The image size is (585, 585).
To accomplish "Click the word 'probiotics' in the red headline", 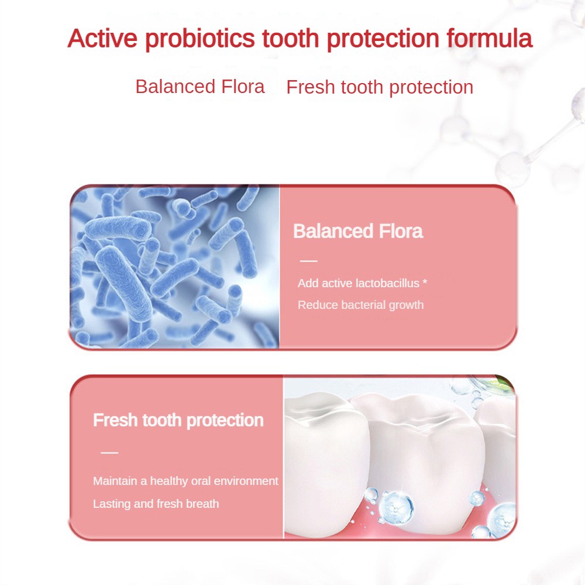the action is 199,39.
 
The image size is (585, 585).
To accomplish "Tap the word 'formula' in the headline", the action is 489,38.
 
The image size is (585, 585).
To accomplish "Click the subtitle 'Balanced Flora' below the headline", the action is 200,87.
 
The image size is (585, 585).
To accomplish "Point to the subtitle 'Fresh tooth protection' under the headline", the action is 380,88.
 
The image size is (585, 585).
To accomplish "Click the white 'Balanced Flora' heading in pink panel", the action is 358,231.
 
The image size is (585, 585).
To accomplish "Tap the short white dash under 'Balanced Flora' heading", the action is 308,261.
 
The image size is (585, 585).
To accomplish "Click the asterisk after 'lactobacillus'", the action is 425,282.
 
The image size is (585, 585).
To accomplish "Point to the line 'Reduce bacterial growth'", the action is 360,305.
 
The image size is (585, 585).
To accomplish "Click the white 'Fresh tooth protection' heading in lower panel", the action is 178,421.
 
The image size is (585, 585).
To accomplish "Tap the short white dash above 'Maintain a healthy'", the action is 109,453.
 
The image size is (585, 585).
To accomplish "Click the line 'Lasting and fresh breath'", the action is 156,504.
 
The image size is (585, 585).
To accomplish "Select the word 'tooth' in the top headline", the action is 290,38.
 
